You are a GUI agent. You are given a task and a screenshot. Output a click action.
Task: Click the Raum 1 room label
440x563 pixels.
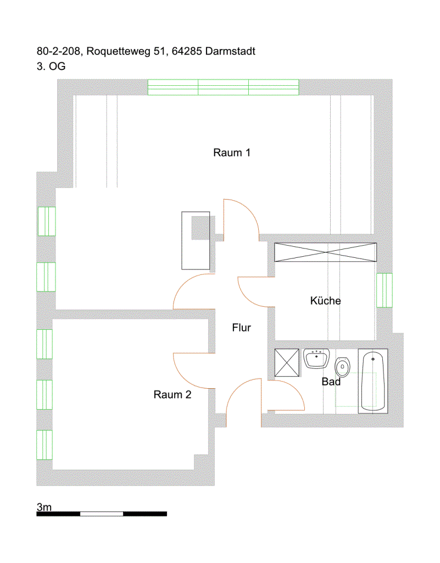[x=232, y=153]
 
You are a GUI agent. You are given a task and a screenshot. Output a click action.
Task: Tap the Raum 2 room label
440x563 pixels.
[x=172, y=395]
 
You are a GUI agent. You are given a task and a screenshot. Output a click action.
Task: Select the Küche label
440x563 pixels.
[x=325, y=301]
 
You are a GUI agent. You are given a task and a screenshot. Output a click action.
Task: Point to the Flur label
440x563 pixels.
[x=241, y=328]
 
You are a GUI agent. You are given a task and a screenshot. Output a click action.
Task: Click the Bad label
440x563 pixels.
[x=331, y=382]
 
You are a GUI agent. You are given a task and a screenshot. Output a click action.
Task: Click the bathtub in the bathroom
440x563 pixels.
[x=373, y=381]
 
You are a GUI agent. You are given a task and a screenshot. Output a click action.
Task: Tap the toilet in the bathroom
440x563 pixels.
[x=342, y=367]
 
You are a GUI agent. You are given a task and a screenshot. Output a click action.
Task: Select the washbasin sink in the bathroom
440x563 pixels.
[x=316, y=358]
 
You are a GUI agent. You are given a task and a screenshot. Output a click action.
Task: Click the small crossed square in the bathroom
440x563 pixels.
[x=287, y=363]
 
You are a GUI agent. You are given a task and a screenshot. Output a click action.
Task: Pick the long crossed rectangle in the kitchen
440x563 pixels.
[x=326, y=252]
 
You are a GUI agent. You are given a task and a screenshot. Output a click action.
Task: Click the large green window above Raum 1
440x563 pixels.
[x=224, y=87]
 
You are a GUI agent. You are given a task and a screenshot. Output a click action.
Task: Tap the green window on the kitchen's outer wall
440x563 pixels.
[x=385, y=290]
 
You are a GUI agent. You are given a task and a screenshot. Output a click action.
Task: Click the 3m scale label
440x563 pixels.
[x=44, y=507]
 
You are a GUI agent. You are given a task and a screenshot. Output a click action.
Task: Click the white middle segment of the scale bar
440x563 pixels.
[x=102, y=514]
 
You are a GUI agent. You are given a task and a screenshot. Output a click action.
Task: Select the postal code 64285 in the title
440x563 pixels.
[x=187, y=51]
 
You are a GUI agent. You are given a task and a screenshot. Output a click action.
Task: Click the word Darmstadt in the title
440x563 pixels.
[x=230, y=51]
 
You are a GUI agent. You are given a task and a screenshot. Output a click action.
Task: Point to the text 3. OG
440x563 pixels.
[x=51, y=67]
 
